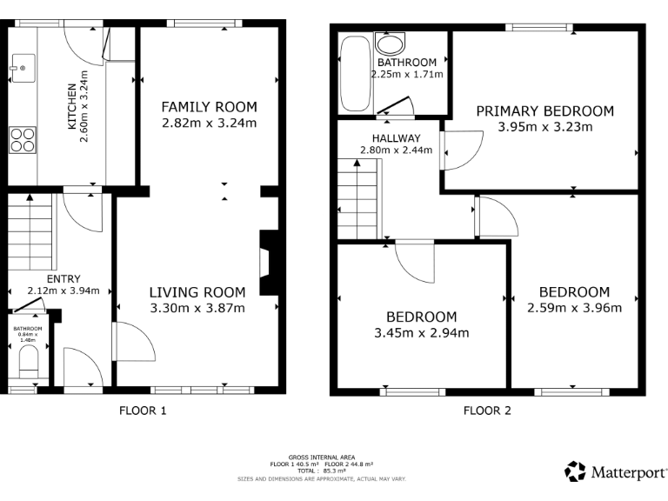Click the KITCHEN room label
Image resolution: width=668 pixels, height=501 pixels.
point(72,105)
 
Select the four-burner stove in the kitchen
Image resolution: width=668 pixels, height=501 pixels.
point(22,139)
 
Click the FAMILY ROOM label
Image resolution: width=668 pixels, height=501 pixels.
point(209,107)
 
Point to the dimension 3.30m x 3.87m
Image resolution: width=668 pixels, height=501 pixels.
point(197,308)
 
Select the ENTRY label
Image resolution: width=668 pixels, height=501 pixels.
point(63,279)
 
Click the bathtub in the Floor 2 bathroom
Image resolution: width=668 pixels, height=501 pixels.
point(354,74)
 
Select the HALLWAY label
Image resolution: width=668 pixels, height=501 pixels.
point(396,138)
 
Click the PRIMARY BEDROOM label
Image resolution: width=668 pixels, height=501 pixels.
point(544,111)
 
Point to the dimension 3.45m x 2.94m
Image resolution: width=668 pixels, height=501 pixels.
point(421,332)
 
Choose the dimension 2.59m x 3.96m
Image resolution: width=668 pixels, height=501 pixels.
point(574,307)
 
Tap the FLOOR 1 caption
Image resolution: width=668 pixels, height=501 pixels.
point(142,411)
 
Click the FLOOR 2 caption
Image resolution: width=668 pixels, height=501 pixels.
point(486,411)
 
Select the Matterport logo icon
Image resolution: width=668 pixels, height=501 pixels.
point(575,471)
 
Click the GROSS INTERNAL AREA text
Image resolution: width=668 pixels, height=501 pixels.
point(322,457)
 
